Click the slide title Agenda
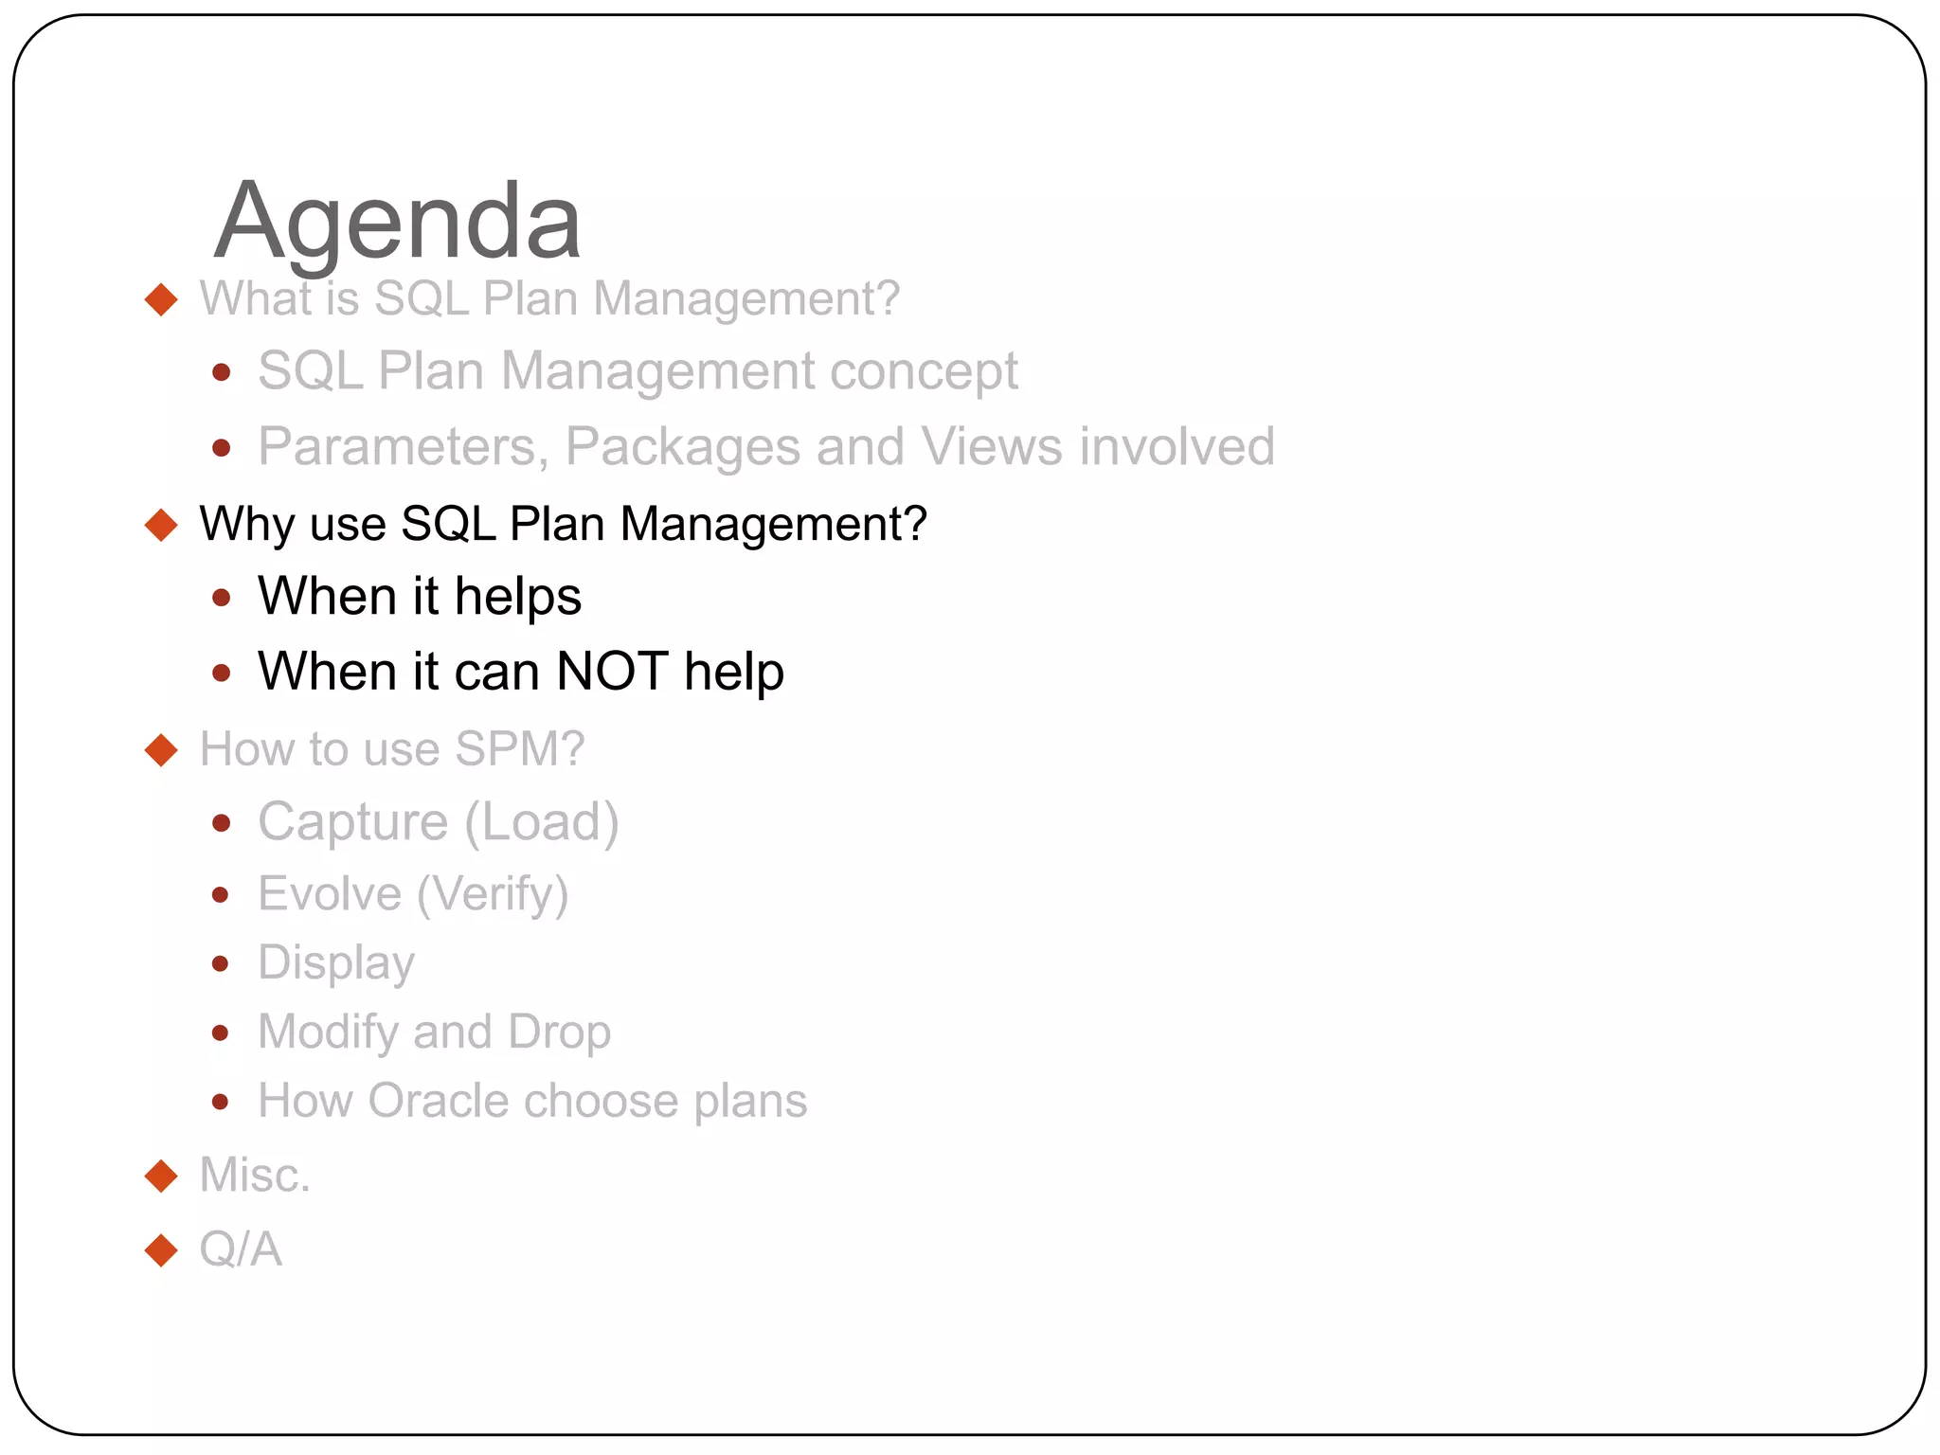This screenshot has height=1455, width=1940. [397, 222]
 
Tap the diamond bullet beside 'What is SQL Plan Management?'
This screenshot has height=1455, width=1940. [162, 299]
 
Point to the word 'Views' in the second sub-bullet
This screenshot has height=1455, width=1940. [992, 446]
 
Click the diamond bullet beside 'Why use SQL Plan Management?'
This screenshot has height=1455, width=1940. [162, 525]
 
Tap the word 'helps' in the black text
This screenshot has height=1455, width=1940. [517, 597]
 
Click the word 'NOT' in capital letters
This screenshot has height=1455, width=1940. [612, 672]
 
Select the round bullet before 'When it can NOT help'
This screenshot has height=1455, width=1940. [222, 673]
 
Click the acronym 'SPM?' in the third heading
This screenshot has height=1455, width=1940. [519, 749]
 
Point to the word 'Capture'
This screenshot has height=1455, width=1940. [352, 821]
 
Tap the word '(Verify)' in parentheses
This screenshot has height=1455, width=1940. [493, 894]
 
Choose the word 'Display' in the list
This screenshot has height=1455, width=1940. [336, 963]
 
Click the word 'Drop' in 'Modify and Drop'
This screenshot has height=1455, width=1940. [559, 1032]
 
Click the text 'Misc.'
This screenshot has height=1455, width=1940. [255, 1176]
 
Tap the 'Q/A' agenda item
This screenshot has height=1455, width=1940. [241, 1249]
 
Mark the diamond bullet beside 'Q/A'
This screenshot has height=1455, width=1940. [162, 1250]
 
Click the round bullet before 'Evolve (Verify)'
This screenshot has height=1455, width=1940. [221, 894]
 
